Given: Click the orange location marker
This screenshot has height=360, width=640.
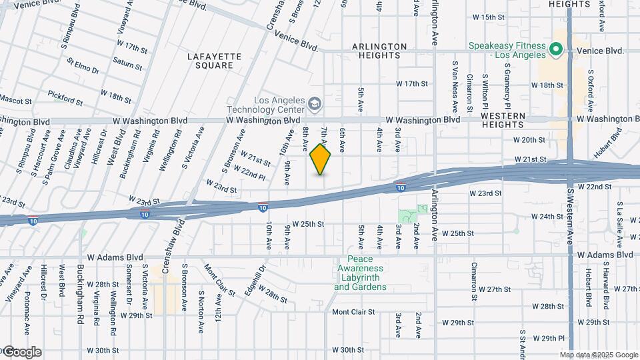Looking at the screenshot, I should click(x=321, y=159).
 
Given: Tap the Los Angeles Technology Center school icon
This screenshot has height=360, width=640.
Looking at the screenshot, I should click(x=315, y=103).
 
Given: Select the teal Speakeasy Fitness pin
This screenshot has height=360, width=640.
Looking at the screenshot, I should click(x=555, y=49).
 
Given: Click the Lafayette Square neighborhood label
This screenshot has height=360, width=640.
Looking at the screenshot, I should click(x=210, y=61).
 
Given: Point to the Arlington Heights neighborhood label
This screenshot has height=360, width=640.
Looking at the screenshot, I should click(x=379, y=51).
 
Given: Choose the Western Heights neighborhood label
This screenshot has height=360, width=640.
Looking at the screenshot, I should click(x=503, y=120).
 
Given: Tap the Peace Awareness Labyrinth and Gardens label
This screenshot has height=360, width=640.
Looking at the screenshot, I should click(x=360, y=273).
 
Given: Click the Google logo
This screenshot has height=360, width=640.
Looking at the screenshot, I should click(x=21, y=351).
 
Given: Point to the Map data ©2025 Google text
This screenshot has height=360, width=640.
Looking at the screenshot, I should click(x=599, y=355).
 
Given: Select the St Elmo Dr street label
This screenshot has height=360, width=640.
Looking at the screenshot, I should click(x=83, y=66).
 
